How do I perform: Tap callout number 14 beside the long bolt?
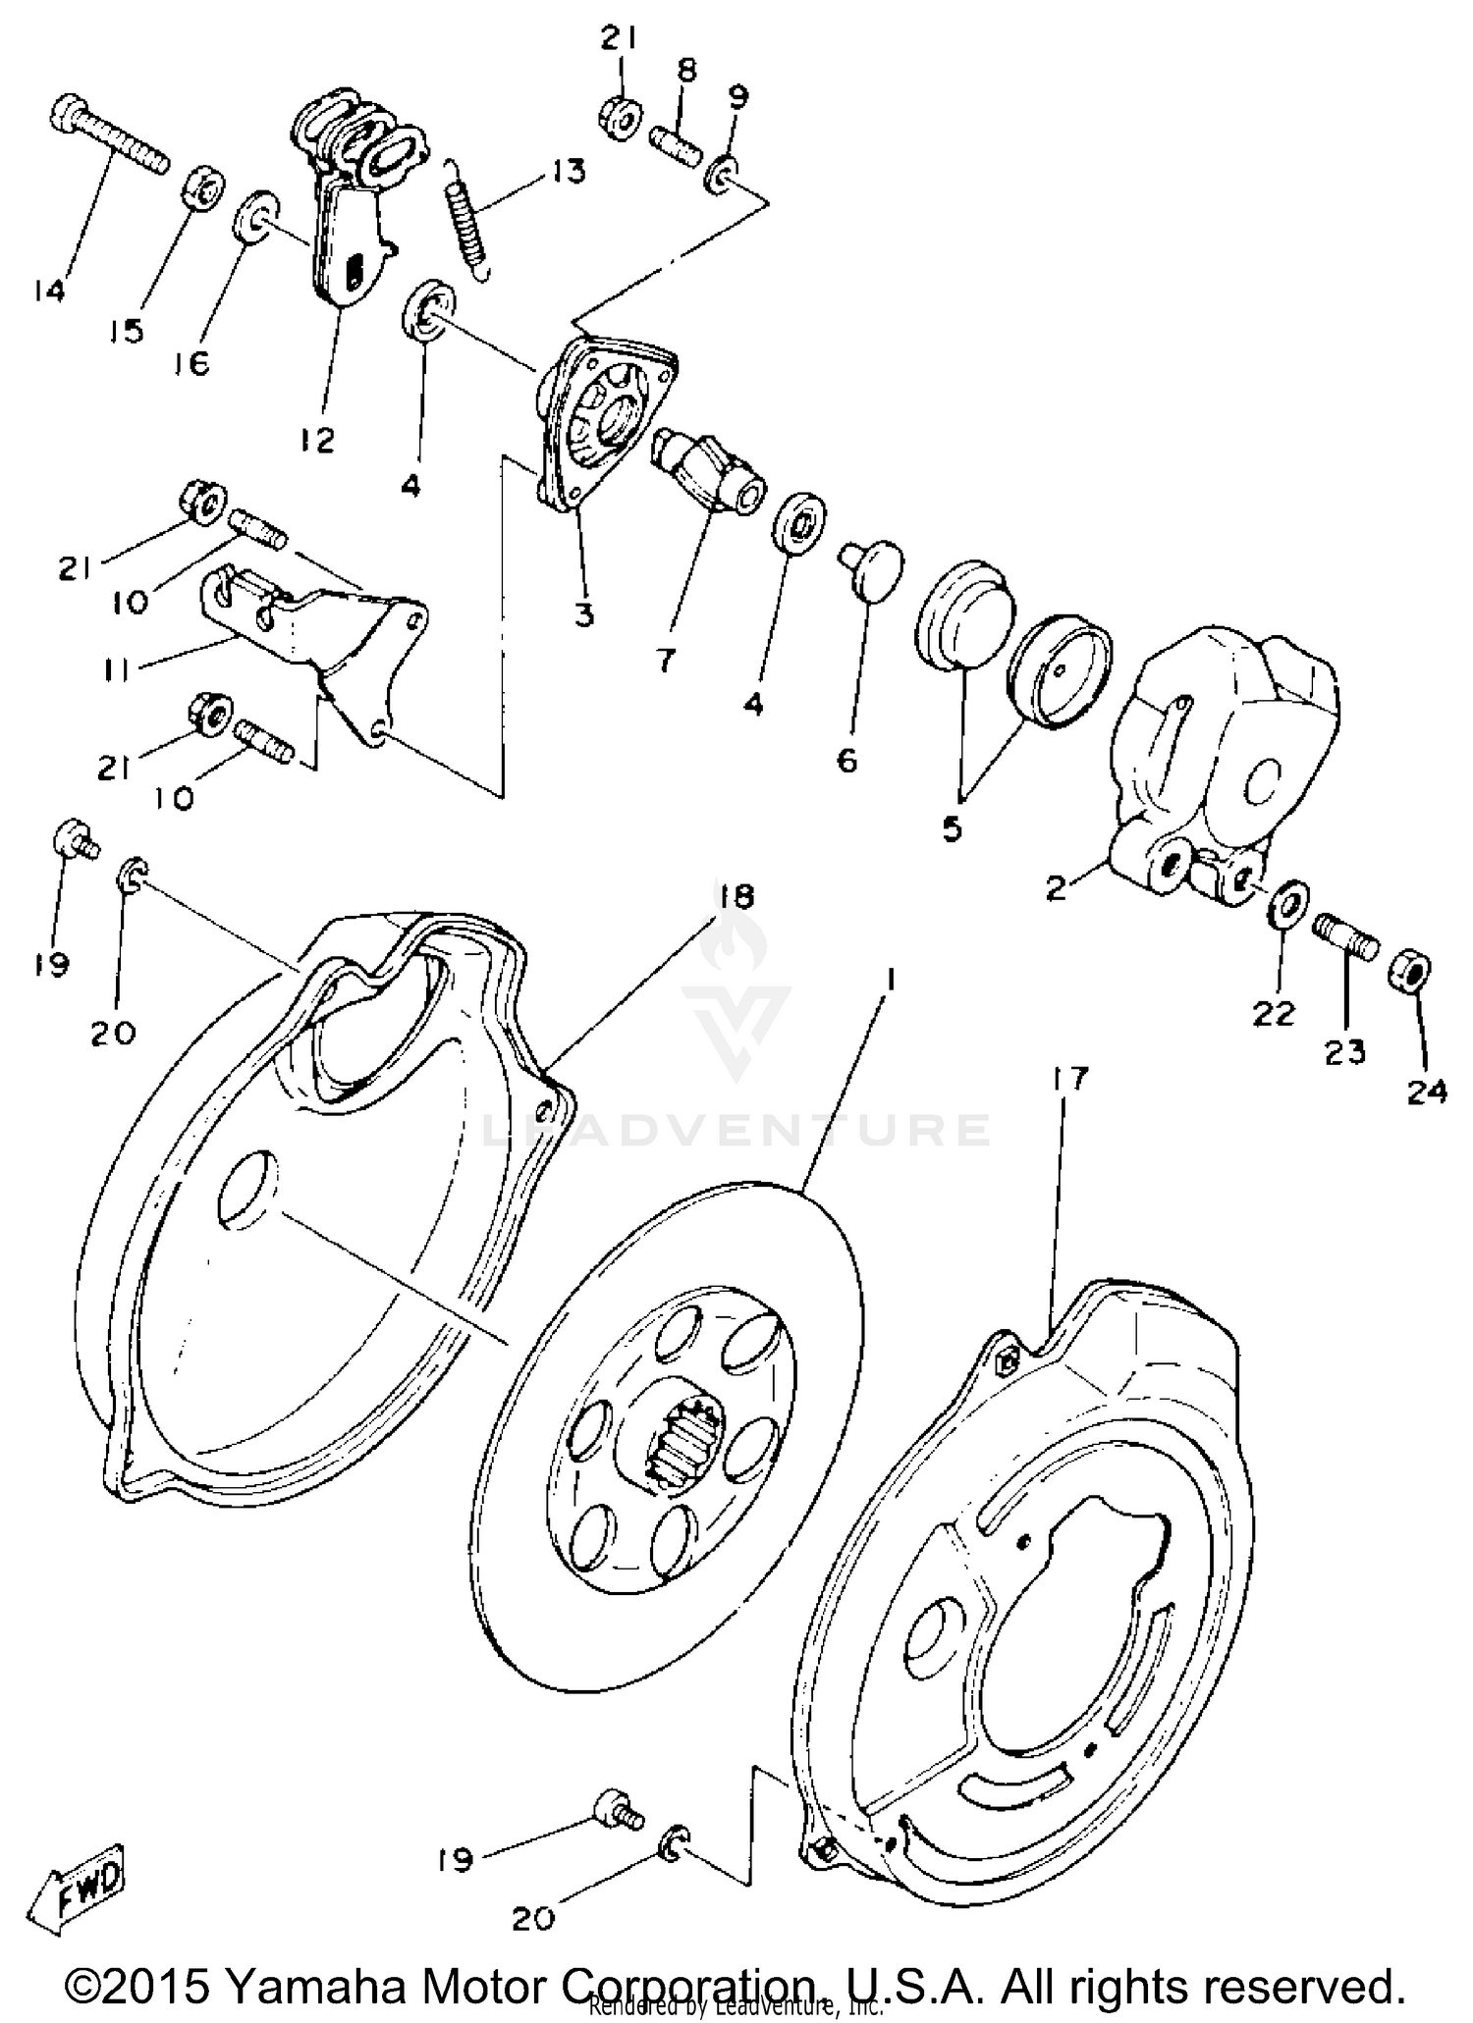47,292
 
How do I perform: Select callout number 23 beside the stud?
1344,1052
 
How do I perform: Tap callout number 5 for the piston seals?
952,827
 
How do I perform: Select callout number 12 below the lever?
317,439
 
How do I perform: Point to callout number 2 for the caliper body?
1056,889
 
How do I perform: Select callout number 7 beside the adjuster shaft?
666,662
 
